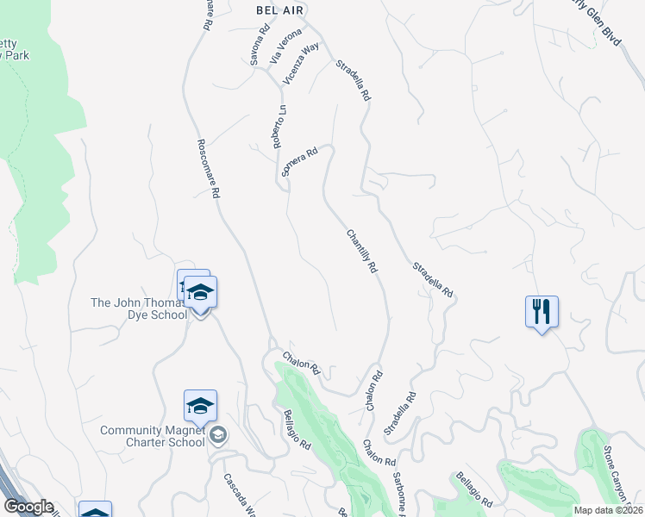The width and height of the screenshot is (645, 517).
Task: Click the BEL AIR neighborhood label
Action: click(x=281, y=9)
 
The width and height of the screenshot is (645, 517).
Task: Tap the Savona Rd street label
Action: click(x=254, y=50)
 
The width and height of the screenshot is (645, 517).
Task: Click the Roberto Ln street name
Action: click(x=280, y=127)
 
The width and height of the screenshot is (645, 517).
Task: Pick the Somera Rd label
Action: click(x=300, y=162)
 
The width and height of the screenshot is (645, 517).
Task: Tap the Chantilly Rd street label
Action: click(x=362, y=251)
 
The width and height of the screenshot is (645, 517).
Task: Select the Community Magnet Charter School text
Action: click(x=153, y=436)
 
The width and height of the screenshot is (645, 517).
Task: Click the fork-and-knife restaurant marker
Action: click(x=542, y=312)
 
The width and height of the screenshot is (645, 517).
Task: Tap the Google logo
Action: click(x=28, y=507)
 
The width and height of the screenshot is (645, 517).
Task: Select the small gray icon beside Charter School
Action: click(x=217, y=435)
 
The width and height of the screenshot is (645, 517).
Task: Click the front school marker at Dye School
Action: click(x=200, y=294)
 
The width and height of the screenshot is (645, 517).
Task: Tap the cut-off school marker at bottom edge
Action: click(x=95, y=510)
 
